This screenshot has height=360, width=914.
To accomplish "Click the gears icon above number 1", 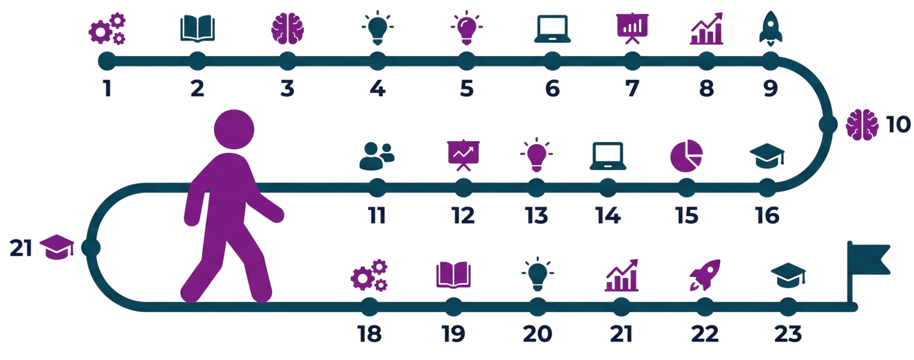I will point(108,30).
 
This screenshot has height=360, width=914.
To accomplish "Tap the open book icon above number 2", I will point(198,29).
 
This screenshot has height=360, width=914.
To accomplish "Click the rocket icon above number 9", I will point(770,27).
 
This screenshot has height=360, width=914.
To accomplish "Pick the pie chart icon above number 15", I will point(686,154).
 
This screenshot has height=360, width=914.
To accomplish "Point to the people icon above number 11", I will point(377,155).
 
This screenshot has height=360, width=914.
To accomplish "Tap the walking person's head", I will point(234,129).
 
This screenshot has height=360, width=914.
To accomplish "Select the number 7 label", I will point(632,88).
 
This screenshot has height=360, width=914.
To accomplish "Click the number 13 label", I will point(536,216).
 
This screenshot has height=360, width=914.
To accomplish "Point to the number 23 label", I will point(788,334).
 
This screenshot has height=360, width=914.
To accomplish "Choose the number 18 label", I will point(369,334).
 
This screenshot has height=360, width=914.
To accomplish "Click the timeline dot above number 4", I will point(377,61).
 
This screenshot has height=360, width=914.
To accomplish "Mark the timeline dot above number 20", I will point(537,307).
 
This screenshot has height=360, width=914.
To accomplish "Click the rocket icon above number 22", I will point(705,274).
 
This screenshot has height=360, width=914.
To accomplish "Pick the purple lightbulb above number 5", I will point(466,29).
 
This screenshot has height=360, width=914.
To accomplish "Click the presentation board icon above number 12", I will point(464,155).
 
